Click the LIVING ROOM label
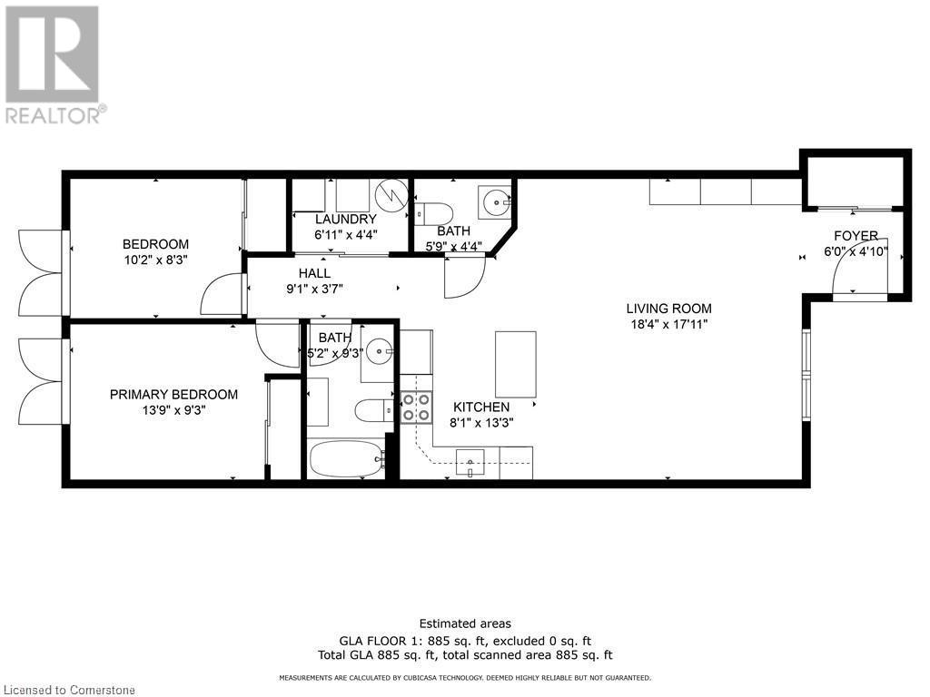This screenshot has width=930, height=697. tap(671, 309)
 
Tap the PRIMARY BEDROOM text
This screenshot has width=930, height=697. tap(173, 394)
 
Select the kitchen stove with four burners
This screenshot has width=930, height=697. tap(415, 407)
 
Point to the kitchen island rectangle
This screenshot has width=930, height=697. tap(515, 364)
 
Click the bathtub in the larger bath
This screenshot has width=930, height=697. tap(344, 460)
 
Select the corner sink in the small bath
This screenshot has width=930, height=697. tap(496, 200)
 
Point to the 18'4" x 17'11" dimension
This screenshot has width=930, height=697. tap(671, 324)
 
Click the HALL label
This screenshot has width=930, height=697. tap(314, 273)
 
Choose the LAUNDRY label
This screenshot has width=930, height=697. tap(345, 220)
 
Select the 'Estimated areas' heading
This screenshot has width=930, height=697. tap(465, 623)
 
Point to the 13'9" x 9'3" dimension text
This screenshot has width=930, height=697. tap(173, 409)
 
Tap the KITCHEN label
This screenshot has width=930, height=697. tap(482, 407)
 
